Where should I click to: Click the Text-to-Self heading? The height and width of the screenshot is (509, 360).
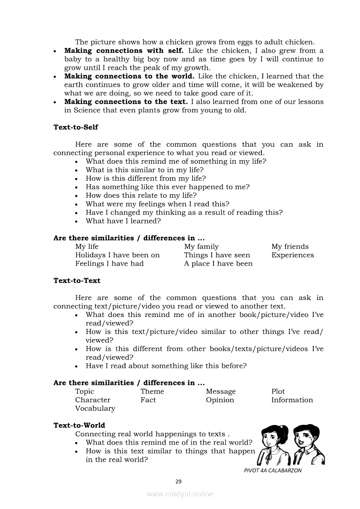point(76,127)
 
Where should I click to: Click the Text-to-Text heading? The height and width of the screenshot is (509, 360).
point(77,281)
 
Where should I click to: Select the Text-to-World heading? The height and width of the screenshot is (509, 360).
point(79,425)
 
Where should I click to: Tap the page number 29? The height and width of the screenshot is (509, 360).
point(178,482)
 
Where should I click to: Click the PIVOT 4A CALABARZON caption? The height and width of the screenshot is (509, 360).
point(273,470)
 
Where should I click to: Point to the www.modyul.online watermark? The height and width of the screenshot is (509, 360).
point(180,494)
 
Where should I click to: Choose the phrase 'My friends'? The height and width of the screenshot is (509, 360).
point(290,247)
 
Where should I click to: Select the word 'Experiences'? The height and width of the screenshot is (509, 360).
point(292,255)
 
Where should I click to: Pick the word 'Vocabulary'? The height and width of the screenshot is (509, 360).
point(95,408)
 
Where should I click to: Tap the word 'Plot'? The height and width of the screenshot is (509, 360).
point(278,391)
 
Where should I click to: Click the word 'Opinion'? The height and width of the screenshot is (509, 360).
point(220,400)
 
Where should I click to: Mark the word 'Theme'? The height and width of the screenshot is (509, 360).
point(152,391)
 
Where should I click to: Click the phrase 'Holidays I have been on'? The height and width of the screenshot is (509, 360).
point(117,255)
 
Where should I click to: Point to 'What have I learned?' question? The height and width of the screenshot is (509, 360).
point(123,221)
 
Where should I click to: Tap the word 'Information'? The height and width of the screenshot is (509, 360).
point(292,400)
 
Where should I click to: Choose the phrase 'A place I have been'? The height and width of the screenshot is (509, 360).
point(218,264)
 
